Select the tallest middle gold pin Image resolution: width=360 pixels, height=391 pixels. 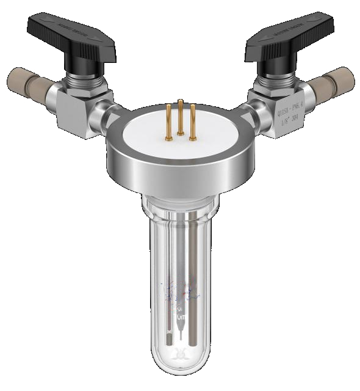(181, 116)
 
